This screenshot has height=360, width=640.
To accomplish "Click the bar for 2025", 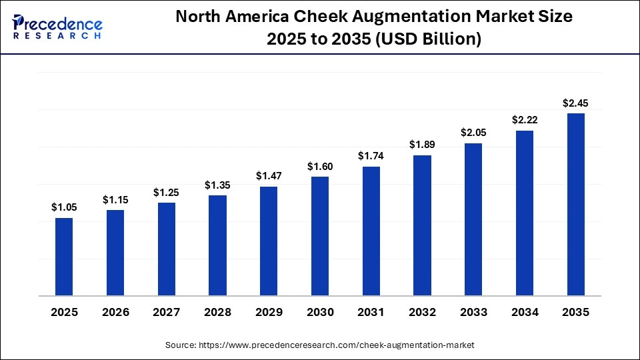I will (x=64, y=257).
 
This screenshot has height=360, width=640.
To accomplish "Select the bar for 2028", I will (x=217, y=245).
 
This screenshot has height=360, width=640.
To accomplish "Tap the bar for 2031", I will (x=371, y=231).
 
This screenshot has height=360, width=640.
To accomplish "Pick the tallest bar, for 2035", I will (x=575, y=204).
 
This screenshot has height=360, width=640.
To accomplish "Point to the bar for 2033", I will (x=473, y=219).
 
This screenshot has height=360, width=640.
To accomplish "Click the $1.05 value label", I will (x=64, y=207).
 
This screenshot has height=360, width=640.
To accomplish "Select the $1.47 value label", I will (x=269, y=176).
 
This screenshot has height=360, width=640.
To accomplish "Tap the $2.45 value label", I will (x=575, y=103).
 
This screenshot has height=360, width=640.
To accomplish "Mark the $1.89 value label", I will (x=422, y=145).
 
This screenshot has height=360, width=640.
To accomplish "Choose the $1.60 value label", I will (x=320, y=166).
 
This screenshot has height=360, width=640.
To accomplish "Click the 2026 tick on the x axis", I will (x=115, y=312).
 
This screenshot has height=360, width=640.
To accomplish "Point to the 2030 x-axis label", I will (x=320, y=312).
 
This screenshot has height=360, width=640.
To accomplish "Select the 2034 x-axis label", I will (x=525, y=312).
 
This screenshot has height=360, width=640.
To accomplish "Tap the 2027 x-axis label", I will (x=167, y=312).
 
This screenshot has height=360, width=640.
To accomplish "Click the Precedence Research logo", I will (x=57, y=27).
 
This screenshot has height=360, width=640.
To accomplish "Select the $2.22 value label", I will (x=525, y=120).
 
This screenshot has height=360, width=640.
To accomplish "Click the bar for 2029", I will (x=269, y=241).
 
